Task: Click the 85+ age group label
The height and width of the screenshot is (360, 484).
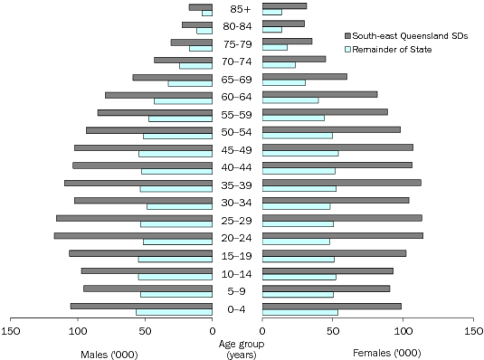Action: click(237, 9)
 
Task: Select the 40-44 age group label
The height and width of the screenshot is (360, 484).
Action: click(237, 167)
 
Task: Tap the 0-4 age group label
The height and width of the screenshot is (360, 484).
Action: click(237, 309)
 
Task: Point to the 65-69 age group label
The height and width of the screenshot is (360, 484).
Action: click(237, 80)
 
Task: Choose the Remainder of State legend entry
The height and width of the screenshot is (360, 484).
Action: click(394, 49)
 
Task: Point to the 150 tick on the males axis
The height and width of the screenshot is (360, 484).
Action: click(11, 331)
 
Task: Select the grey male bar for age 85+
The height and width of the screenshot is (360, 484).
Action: click(201, 6)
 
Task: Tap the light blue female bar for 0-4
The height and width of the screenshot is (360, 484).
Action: click(299, 312)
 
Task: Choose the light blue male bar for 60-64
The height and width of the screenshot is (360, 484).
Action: click(184, 100)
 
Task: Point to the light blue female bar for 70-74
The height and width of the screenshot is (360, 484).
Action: click(279, 65)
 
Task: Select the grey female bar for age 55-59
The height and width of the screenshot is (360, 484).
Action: click(325, 112)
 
